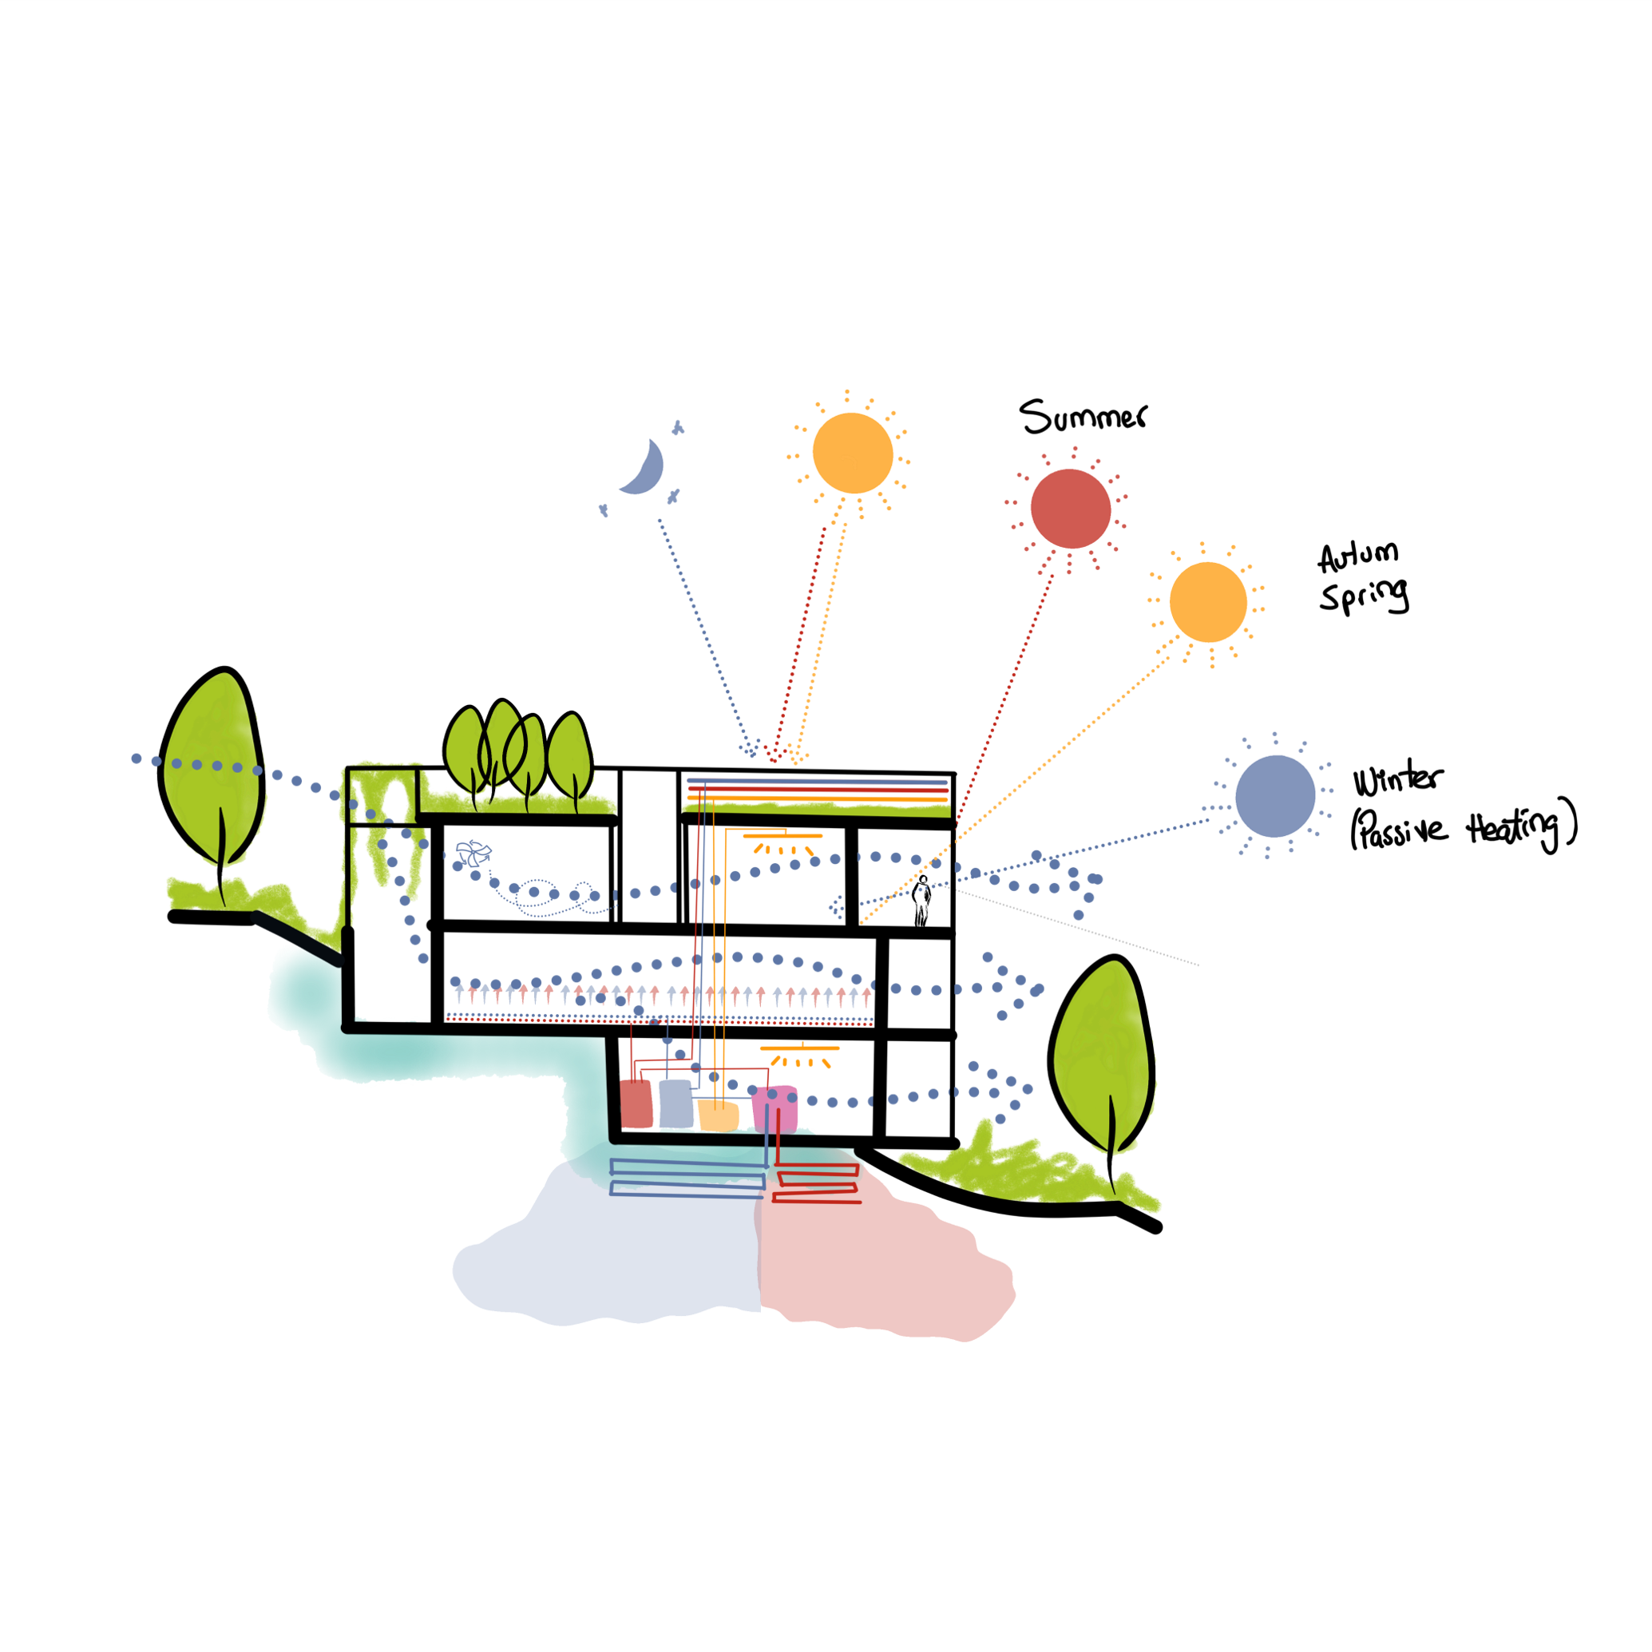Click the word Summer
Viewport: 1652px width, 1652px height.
coord(1082,417)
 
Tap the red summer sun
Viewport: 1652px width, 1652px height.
coord(1071,509)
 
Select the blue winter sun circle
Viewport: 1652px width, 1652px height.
coord(1275,796)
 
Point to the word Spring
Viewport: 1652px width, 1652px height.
coord(1364,595)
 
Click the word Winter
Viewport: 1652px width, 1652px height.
coord(1397,779)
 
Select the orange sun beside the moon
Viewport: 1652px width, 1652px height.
coord(853,454)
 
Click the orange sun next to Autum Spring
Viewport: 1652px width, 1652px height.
coord(1207,602)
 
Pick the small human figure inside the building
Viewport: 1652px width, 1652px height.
coord(921,901)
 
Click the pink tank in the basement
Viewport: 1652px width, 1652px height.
coord(774,1108)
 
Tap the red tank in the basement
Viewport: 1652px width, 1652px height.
coord(636,1104)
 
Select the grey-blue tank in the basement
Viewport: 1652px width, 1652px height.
coord(675,1103)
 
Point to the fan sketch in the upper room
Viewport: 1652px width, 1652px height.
coord(473,853)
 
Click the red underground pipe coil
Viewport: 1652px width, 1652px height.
coord(817,1183)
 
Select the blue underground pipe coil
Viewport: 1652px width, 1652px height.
coord(687,1177)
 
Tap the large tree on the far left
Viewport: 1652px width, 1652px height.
coord(212,770)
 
